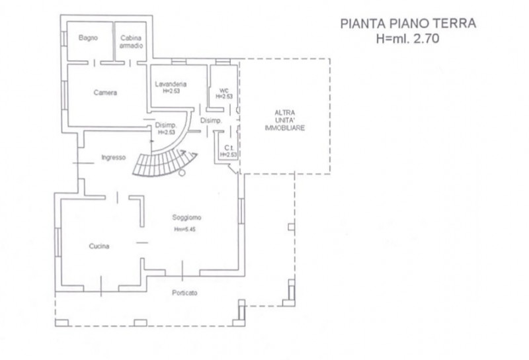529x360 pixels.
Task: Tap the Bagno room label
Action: [88, 38]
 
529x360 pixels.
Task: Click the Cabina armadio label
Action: [130, 41]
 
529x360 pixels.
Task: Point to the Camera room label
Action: [105, 93]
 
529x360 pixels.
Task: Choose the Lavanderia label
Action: [171, 84]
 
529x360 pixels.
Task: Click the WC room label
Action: [223, 91]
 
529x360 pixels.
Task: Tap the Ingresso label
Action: [114, 157]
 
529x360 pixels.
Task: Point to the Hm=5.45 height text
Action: [185, 230]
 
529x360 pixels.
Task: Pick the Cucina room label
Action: [99, 246]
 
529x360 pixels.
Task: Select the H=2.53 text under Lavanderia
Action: [171, 91]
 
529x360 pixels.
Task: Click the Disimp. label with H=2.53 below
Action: [165, 125]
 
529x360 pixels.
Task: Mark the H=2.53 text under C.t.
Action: [228, 154]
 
